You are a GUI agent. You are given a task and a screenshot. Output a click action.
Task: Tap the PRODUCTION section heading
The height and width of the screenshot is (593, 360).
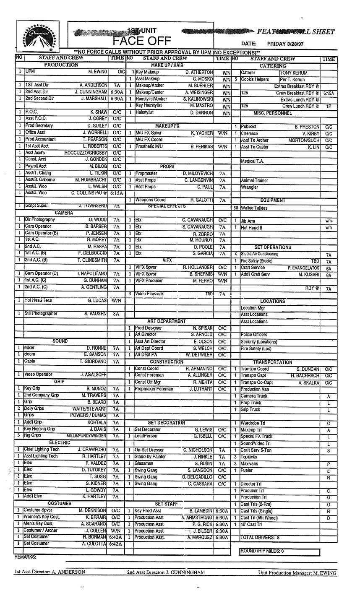tap(61, 65)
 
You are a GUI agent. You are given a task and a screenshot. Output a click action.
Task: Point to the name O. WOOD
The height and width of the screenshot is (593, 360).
tap(98, 220)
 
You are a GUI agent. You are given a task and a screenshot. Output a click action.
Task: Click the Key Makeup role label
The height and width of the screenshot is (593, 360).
tap(147, 72)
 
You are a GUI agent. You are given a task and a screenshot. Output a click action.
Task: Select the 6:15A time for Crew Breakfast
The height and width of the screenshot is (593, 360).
tap(329, 93)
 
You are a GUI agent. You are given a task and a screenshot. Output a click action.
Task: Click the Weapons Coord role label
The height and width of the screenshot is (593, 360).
tap(150, 200)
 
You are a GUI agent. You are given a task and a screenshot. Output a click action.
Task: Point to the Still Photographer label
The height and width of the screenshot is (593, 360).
tap(41, 314)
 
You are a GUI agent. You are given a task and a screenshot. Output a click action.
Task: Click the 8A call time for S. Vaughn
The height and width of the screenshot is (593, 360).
tap(116, 314)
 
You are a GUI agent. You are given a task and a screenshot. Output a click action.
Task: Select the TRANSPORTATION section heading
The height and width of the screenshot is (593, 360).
tap(272, 362)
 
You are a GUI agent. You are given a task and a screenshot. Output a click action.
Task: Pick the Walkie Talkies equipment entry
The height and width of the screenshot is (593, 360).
tap(254, 208)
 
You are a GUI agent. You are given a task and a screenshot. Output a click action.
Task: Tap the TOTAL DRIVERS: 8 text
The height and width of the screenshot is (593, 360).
tap(260, 537)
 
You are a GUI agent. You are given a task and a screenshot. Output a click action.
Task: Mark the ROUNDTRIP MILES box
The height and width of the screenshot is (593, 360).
tap(279, 551)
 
